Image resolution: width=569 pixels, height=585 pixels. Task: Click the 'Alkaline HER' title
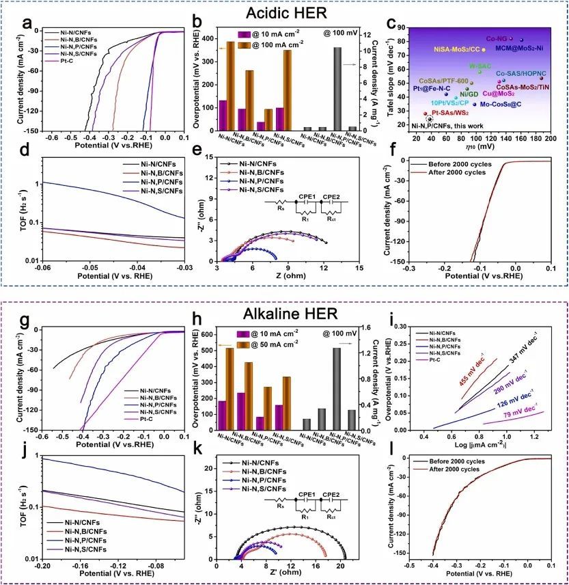click(x=284, y=314)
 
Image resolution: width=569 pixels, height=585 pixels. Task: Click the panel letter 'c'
click(x=391, y=24)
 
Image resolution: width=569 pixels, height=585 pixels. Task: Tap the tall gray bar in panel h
click(x=337, y=389)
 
